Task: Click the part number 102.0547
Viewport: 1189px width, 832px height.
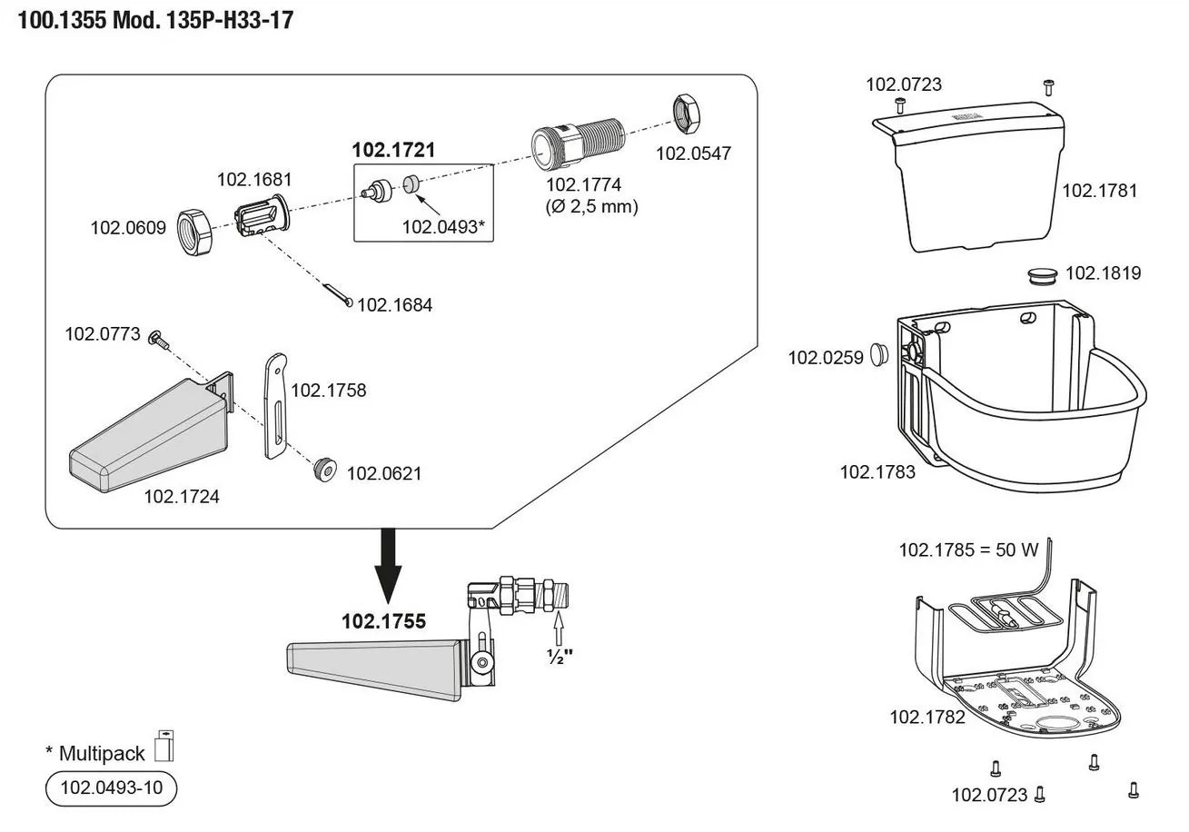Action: (x=693, y=154)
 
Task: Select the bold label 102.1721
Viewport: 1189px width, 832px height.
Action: (x=393, y=150)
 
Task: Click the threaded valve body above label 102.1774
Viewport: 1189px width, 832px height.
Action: (x=579, y=143)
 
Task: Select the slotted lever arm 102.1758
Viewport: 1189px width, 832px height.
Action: (x=276, y=406)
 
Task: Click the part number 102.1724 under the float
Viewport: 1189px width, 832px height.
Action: (x=182, y=497)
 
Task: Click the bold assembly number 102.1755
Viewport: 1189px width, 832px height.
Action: (x=383, y=622)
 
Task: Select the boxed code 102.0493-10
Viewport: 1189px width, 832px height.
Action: (x=111, y=787)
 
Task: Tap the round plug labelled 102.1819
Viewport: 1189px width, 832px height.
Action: (x=1041, y=273)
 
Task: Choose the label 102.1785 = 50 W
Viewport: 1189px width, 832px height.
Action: (x=968, y=550)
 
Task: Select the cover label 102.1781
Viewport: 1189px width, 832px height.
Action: (x=1099, y=191)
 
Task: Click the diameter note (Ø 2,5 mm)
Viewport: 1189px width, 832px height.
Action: (x=591, y=206)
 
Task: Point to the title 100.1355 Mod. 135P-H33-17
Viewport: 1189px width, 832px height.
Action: (x=156, y=20)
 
